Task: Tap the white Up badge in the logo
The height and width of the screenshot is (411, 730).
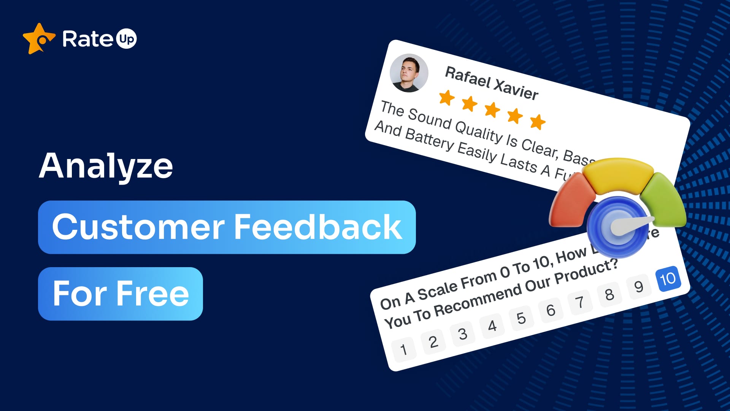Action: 126,39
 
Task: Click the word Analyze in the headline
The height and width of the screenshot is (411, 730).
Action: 106,166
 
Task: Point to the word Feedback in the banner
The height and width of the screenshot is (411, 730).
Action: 318,227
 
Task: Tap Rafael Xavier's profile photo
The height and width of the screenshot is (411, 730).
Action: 409,73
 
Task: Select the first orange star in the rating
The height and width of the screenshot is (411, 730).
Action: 447,97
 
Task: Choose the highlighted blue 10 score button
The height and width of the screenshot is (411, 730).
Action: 668,279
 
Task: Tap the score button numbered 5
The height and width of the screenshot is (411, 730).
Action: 521,318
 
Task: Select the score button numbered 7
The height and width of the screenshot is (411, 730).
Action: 579,303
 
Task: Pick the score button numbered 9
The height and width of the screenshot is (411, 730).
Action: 639,287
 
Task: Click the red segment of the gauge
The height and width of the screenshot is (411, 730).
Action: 570,202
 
